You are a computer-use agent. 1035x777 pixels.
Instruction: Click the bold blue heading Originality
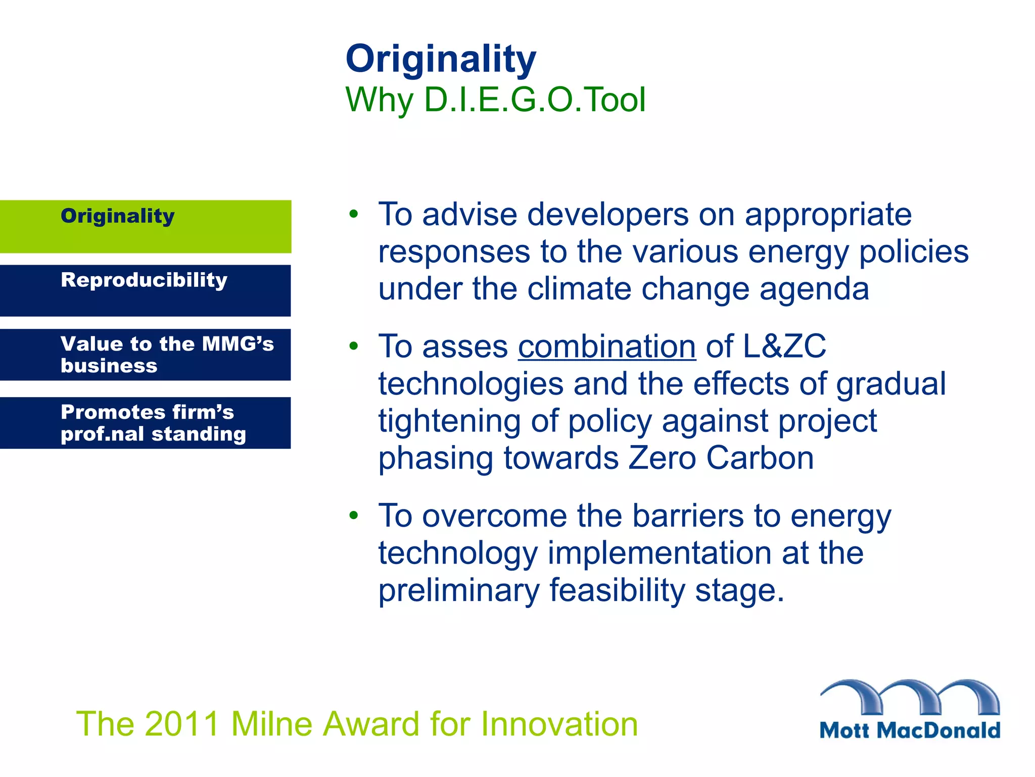pyautogui.click(x=440, y=59)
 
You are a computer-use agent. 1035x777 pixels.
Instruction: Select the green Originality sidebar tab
pyautogui.click(x=146, y=226)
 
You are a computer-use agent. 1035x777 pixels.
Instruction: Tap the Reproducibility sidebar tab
pyautogui.click(x=146, y=290)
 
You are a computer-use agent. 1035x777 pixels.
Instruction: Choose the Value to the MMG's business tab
pyautogui.click(x=146, y=355)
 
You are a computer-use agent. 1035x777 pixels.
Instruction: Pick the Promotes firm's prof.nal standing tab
pyautogui.click(x=146, y=423)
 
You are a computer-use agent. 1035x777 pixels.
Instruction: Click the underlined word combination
pyautogui.click(x=606, y=347)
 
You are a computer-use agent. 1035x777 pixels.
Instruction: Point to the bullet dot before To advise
pyautogui.click(x=353, y=213)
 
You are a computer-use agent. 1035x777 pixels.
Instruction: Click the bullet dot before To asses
pyautogui.click(x=353, y=346)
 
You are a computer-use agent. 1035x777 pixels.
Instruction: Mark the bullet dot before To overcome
pyautogui.click(x=353, y=515)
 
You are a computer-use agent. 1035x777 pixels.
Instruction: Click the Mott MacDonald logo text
pyautogui.click(x=909, y=730)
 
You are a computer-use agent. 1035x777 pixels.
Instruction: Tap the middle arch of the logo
pyautogui.click(x=910, y=696)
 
